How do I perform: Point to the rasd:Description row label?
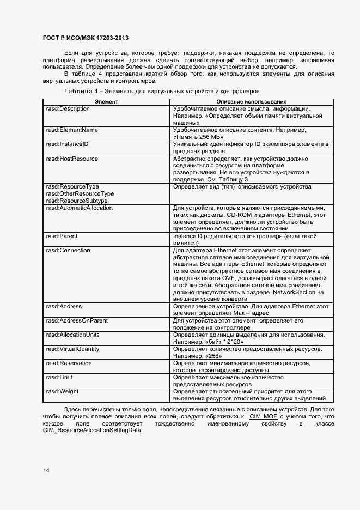(x=68, y=108)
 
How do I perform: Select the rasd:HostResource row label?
(x=72, y=159)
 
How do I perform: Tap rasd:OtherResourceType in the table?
(x=80, y=194)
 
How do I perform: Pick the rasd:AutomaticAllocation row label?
(x=79, y=208)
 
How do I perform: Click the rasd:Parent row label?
(x=61, y=236)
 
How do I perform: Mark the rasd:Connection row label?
(x=68, y=251)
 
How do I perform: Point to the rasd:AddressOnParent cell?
(x=76, y=321)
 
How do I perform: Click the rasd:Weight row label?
(x=62, y=392)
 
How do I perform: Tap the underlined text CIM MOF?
(x=267, y=416)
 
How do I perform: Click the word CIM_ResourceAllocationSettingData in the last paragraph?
(x=92, y=430)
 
